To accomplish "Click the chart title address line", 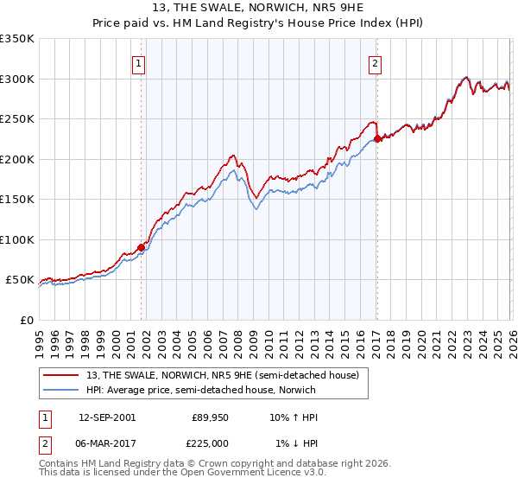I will coord(258,10).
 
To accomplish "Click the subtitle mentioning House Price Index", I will coord(258,24).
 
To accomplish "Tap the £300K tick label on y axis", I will coord(17,79).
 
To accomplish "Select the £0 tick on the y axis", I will coord(26,320).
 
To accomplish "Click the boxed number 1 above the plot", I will coord(139,62).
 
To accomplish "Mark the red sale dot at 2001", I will coord(142,248).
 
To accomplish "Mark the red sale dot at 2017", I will coord(377,140).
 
